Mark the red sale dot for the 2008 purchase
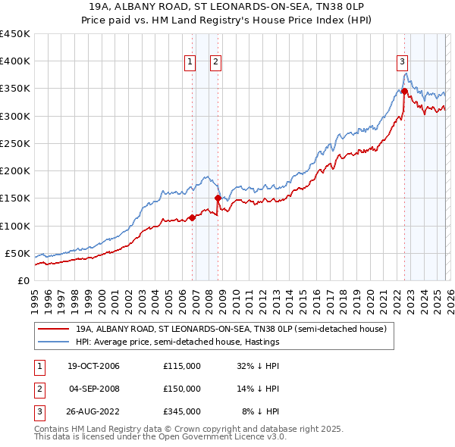(x=218, y=198)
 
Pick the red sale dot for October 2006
(x=192, y=217)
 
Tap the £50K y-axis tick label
(x=17, y=253)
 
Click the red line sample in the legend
(x=54, y=330)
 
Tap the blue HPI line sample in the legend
(x=54, y=342)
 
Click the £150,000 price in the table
(x=181, y=389)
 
